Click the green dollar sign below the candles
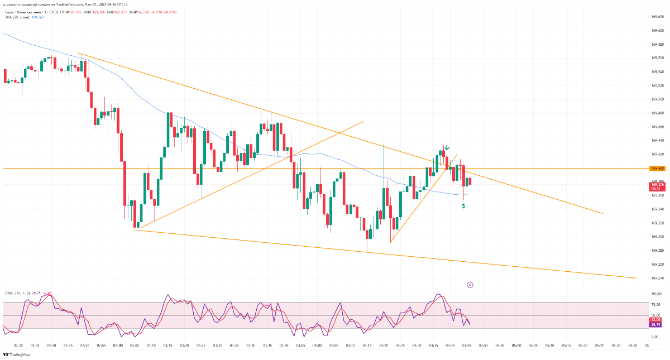[x=463, y=206]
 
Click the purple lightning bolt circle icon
[x=470, y=285]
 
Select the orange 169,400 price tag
[x=657, y=168]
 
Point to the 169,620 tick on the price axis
[x=657, y=17]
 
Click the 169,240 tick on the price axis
[x=657, y=278]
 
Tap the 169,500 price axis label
[x=657, y=99]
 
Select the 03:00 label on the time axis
[x=118, y=345]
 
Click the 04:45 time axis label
[x=467, y=345]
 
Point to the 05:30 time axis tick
[x=616, y=345]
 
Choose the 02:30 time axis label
[x=18, y=345]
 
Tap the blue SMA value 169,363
[x=38, y=17]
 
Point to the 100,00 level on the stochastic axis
[x=656, y=294]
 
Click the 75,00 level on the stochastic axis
[x=656, y=304]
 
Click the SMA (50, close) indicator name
[x=16, y=17]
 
